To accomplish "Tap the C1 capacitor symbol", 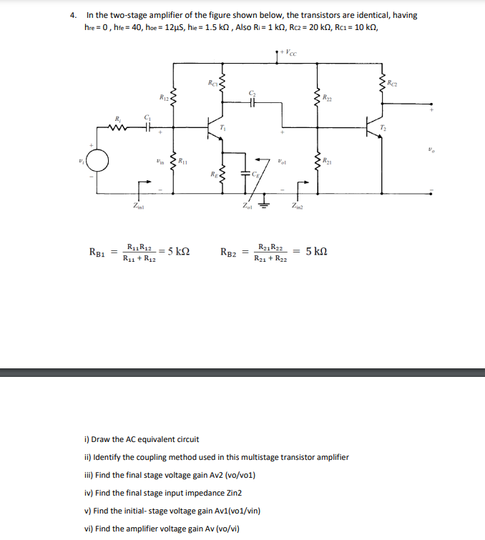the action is [x=147, y=129].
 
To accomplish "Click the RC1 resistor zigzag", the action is [x=222, y=84].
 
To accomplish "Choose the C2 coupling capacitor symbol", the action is [x=251, y=102].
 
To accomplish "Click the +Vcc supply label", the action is [x=290, y=51].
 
